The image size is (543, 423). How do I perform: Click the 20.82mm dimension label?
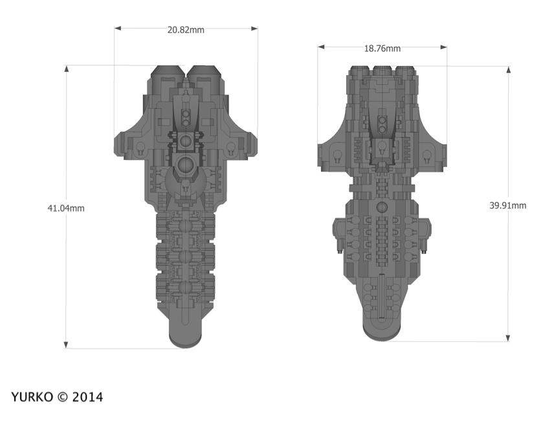coord(186,30)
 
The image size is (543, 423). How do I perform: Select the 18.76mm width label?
coord(382,49)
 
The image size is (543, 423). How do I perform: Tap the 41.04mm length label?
coord(66,208)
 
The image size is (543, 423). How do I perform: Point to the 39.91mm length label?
coord(507,205)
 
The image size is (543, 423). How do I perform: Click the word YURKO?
coord(32,397)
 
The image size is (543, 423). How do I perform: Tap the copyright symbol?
coord(62,397)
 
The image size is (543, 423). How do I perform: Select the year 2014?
coord(87,397)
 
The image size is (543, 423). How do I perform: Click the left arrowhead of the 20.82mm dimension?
coord(118,28)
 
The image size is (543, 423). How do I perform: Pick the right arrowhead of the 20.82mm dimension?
coord(254,28)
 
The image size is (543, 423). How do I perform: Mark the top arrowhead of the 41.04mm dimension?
coord(66,69)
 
